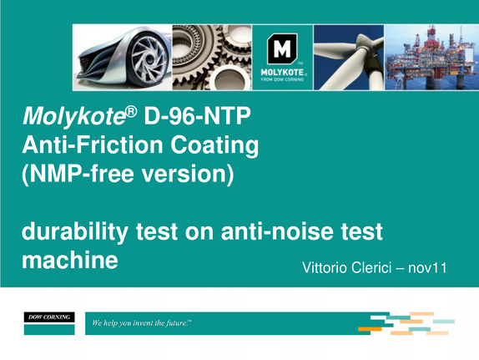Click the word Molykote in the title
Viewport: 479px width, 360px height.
point(74,117)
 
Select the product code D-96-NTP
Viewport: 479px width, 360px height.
point(197,116)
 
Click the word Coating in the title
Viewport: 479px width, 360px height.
point(214,145)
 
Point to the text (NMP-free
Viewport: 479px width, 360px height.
point(78,174)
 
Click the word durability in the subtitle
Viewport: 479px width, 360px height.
point(75,231)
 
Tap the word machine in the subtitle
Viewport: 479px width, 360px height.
point(70,260)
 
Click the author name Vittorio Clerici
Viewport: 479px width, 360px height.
point(346,267)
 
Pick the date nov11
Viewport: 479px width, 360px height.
point(427,267)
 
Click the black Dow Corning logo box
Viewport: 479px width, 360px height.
point(49,317)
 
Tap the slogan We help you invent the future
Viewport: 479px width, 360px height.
point(141,323)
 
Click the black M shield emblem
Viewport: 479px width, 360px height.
point(282,49)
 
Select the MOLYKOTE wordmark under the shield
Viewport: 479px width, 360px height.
point(282,73)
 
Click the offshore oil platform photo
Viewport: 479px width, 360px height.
point(431,58)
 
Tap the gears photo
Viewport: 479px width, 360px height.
point(212,58)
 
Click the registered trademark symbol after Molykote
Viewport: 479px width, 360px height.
point(131,112)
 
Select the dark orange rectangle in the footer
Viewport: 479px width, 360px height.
point(370,329)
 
